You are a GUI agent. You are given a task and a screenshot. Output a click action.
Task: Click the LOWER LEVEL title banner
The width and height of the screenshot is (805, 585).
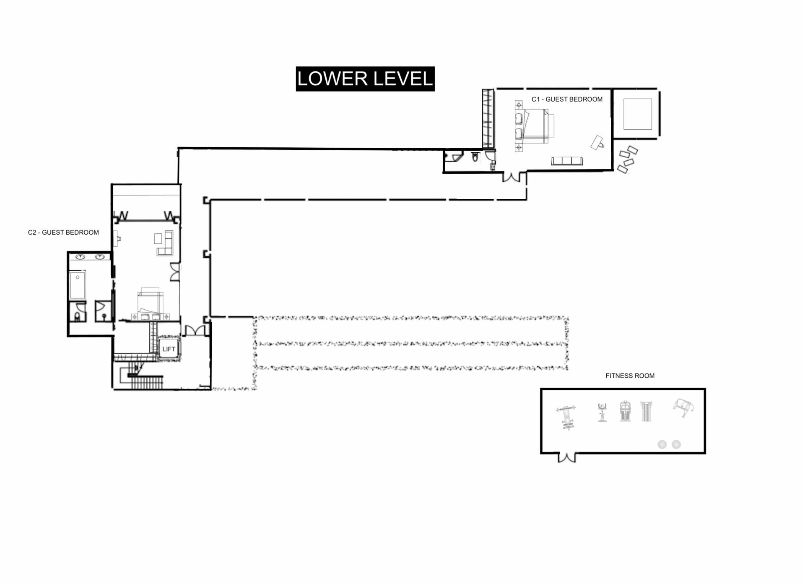(365, 79)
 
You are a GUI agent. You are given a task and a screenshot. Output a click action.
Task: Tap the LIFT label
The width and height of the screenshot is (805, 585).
(169, 349)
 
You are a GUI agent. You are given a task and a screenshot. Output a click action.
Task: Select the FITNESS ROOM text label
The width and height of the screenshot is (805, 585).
(630, 376)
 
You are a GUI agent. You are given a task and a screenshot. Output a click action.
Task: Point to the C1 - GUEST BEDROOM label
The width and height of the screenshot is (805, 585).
(567, 99)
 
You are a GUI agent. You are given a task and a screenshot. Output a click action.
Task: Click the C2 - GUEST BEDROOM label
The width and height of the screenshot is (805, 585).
(63, 232)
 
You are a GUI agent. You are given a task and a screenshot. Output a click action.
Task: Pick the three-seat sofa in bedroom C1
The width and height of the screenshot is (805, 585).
(567, 161)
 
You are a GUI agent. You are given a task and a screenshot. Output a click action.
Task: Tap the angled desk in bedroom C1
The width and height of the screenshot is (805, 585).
(597, 143)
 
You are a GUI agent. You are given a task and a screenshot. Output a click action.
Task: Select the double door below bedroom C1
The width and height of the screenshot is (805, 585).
(512, 177)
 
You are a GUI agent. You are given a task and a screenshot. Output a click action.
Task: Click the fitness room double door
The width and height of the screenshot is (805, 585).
(567, 457)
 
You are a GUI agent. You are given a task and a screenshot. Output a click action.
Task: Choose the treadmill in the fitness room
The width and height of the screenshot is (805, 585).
(646, 411)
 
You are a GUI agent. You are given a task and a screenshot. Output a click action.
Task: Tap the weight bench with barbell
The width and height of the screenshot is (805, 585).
(567, 417)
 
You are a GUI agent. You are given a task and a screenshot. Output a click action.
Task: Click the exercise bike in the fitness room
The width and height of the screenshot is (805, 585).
(602, 412)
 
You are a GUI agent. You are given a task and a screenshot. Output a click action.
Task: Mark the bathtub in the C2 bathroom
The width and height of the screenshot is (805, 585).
(78, 285)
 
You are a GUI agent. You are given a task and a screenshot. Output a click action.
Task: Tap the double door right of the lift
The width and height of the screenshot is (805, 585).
(195, 330)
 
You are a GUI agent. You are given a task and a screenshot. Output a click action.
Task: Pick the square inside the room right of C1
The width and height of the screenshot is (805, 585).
(638, 114)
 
